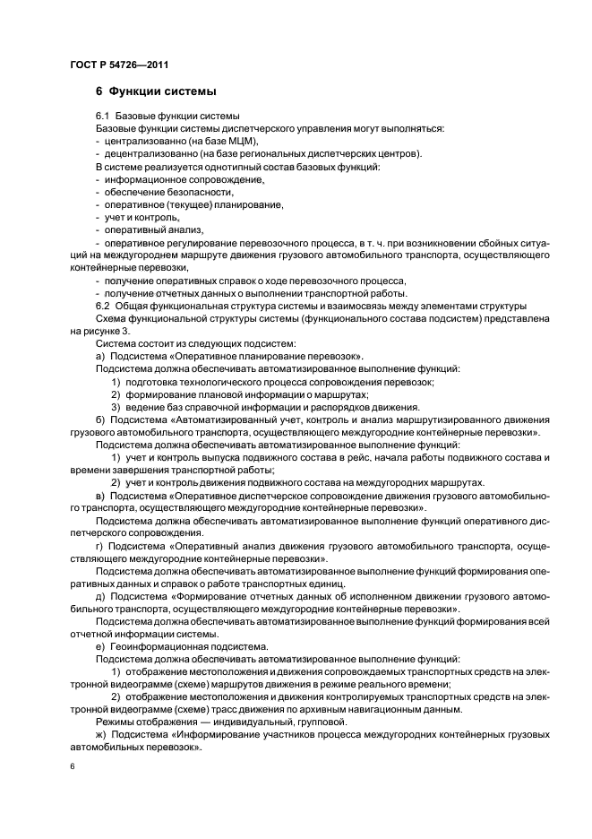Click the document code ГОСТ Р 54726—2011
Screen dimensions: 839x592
118,65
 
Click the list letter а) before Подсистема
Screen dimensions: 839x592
100,356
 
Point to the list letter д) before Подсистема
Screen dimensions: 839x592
100,596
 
